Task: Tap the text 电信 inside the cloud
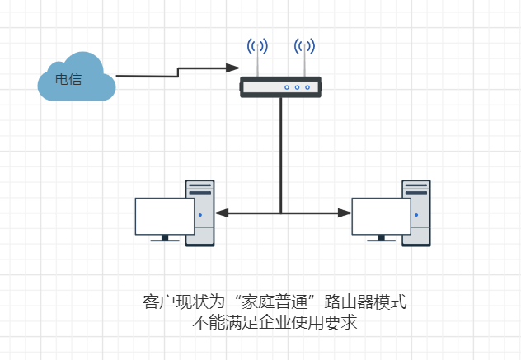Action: coord(68,81)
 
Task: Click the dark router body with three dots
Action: coord(280,86)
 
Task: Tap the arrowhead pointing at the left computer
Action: coord(221,213)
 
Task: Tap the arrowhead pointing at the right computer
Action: coord(343,213)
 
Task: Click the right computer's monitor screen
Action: coord(381,216)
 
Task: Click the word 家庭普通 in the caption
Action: coord(268,302)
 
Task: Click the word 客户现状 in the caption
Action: coord(171,302)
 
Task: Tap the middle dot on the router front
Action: coord(297,87)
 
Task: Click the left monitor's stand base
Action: coord(165,241)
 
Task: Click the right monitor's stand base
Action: coord(381,241)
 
